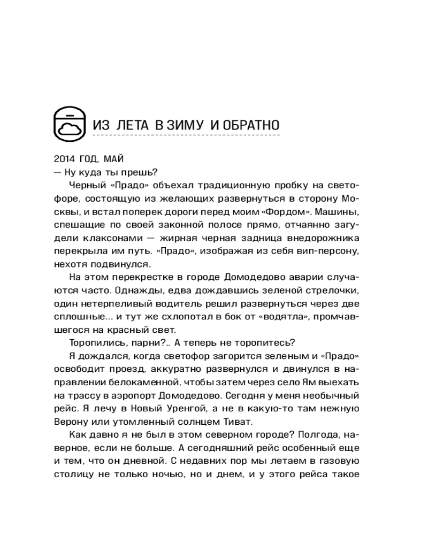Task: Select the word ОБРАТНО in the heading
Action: tap(248, 126)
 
